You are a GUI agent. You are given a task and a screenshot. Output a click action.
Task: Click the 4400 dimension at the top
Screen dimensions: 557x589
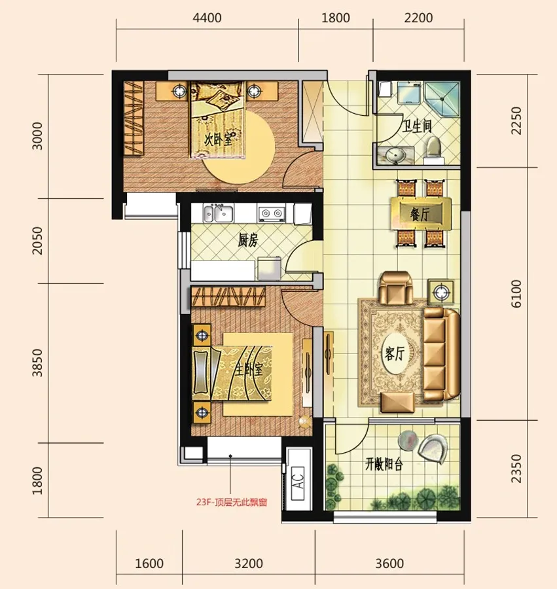[x=207, y=18]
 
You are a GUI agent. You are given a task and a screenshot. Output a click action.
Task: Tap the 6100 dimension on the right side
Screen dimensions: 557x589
[x=516, y=294]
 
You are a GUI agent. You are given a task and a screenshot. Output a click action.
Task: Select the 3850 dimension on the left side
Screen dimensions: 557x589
[x=37, y=363]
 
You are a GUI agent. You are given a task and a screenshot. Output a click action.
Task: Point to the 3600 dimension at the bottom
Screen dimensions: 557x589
[x=389, y=563]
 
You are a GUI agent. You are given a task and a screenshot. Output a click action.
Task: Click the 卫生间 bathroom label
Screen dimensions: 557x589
[x=416, y=127]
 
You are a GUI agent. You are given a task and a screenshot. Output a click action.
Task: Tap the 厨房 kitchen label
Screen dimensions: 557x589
[x=248, y=240]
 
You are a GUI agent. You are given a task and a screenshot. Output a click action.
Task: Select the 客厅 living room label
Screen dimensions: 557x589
[x=394, y=353]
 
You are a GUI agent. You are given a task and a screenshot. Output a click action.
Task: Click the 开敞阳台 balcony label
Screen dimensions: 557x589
[x=384, y=465]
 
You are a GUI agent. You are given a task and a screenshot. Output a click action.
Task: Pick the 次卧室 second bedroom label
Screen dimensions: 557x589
[x=218, y=140]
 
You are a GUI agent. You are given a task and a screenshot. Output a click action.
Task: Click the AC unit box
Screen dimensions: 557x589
[x=298, y=483]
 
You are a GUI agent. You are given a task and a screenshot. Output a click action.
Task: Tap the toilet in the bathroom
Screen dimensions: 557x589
[x=434, y=151]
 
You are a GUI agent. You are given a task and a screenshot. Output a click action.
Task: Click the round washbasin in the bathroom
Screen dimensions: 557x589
[x=395, y=156]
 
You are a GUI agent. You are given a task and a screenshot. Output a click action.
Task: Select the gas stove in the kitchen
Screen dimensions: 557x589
[x=271, y=213]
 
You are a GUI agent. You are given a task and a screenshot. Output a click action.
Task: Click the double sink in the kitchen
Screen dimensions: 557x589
[x=218, y=213]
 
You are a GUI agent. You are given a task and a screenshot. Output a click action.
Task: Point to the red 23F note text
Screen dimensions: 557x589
[x=231, y=502]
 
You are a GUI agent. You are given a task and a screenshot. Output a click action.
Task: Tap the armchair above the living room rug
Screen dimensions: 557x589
[x=395, y=288]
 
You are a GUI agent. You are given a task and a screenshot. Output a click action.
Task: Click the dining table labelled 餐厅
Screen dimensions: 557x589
[x=421, y=213]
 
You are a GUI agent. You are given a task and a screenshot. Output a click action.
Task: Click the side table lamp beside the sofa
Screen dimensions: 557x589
[x=441, y=291]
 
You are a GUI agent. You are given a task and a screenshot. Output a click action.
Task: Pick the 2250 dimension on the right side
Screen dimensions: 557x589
[x=516, y=120]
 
